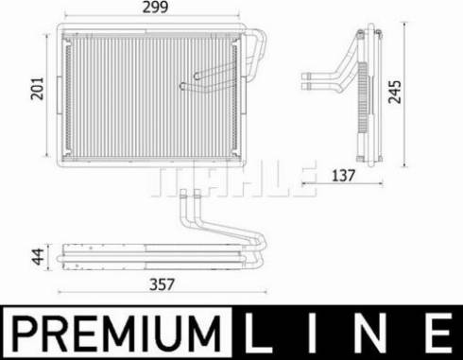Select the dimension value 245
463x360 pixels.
[420, 91]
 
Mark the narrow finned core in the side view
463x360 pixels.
[364, 90]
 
